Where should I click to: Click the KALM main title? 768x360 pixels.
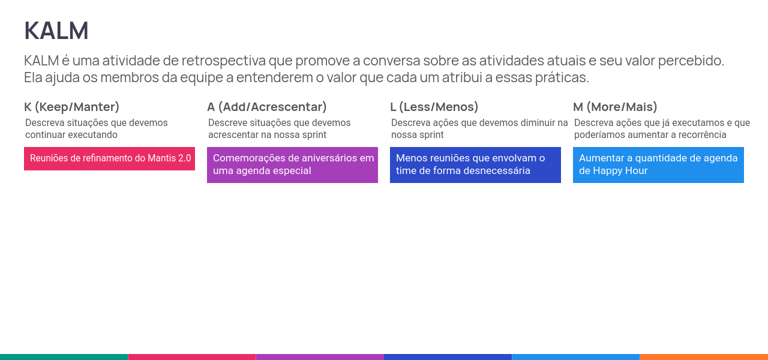pyautogui.click(x=56, y=31)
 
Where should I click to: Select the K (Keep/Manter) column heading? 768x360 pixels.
pyautogui.click(x=71, y=107)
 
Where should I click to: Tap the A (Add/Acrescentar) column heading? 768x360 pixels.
pyautogui.click(x=267, y=107)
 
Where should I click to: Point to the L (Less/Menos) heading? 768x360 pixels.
pyautogui.click(x=434, y=107)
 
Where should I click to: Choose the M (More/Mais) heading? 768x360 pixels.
pyautogui.click(x=615, y=107)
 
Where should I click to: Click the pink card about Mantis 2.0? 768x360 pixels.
pyautogui.click(x=109, y=159)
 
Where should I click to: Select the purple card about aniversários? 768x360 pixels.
pyautogui.click(x=292, y=165)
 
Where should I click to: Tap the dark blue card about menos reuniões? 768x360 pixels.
pyautogui.click(x=476, y=165)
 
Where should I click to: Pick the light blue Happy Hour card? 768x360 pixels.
pyautogui.click(x=659, y=165)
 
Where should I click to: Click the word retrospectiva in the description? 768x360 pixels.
pyautogui.click(x=224, y=61)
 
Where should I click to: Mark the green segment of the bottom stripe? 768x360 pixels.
pyautogui.click(x=64, y=357)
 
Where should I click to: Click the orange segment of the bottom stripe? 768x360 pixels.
pyautogui.click(x=704, y=357)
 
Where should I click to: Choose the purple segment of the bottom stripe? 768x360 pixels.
pyautogui.click(x=320, y=357)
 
